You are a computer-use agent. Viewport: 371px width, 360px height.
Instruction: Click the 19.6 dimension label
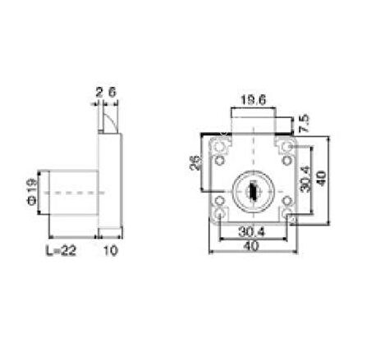point(253,100)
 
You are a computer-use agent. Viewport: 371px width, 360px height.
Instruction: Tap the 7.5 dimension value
point(304,124)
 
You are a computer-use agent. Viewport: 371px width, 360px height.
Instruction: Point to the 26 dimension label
point(195,163)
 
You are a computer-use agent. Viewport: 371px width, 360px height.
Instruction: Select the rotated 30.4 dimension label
point(305,179)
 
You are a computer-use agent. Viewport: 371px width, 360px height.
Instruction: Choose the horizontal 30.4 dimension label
point(252,232)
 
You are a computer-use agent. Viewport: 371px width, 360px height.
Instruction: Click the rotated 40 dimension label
point(321,178)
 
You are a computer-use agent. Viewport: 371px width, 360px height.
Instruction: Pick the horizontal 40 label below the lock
point(251,246)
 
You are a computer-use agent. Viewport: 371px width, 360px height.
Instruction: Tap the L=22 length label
point(61,250)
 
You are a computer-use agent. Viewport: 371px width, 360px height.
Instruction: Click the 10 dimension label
point(111,250)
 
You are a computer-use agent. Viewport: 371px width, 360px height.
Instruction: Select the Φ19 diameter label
point(32,192)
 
